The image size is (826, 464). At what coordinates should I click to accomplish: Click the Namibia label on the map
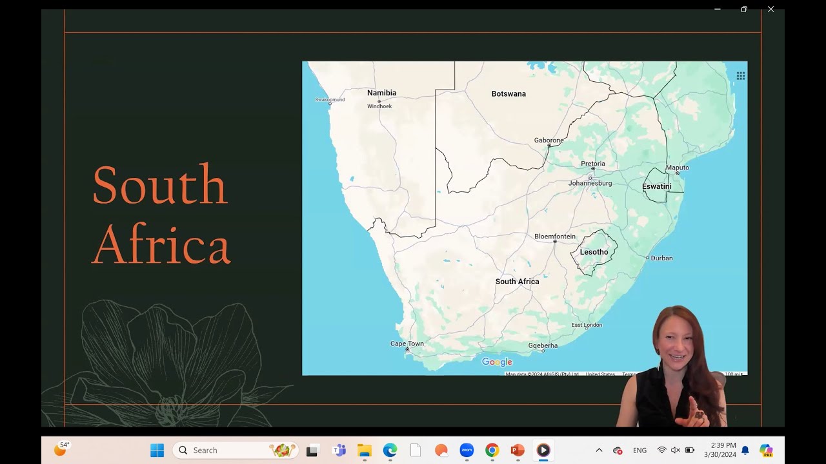[381, 93]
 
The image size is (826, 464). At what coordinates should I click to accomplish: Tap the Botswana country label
[509, 94]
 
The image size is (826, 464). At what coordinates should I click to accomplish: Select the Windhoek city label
[379, 106]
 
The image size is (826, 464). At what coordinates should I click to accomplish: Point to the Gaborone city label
[549, 140]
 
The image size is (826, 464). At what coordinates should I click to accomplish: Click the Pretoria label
[592, 164]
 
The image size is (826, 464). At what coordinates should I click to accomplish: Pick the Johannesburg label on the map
[590, 184]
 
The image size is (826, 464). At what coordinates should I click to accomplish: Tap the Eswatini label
[656, 186]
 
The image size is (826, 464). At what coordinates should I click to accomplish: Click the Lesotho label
[594, 252]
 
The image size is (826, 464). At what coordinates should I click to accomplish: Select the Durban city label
[661, 258]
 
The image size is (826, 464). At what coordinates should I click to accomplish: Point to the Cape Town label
[407, 344]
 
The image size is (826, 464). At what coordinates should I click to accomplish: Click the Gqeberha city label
[543, 346]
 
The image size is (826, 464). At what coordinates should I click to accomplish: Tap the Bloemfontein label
[554, 237]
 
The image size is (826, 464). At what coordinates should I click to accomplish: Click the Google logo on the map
[497, 362]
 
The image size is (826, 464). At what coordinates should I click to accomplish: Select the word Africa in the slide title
[161, 245]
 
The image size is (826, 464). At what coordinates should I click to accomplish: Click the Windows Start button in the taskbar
[157, 450]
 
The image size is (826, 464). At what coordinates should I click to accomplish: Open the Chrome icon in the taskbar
[492, 450]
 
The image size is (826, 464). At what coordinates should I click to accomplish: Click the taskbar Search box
[235, 450]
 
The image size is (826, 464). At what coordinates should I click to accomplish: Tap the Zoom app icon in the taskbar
[467, 450]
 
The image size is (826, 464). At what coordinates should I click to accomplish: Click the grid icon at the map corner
[740, 76]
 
